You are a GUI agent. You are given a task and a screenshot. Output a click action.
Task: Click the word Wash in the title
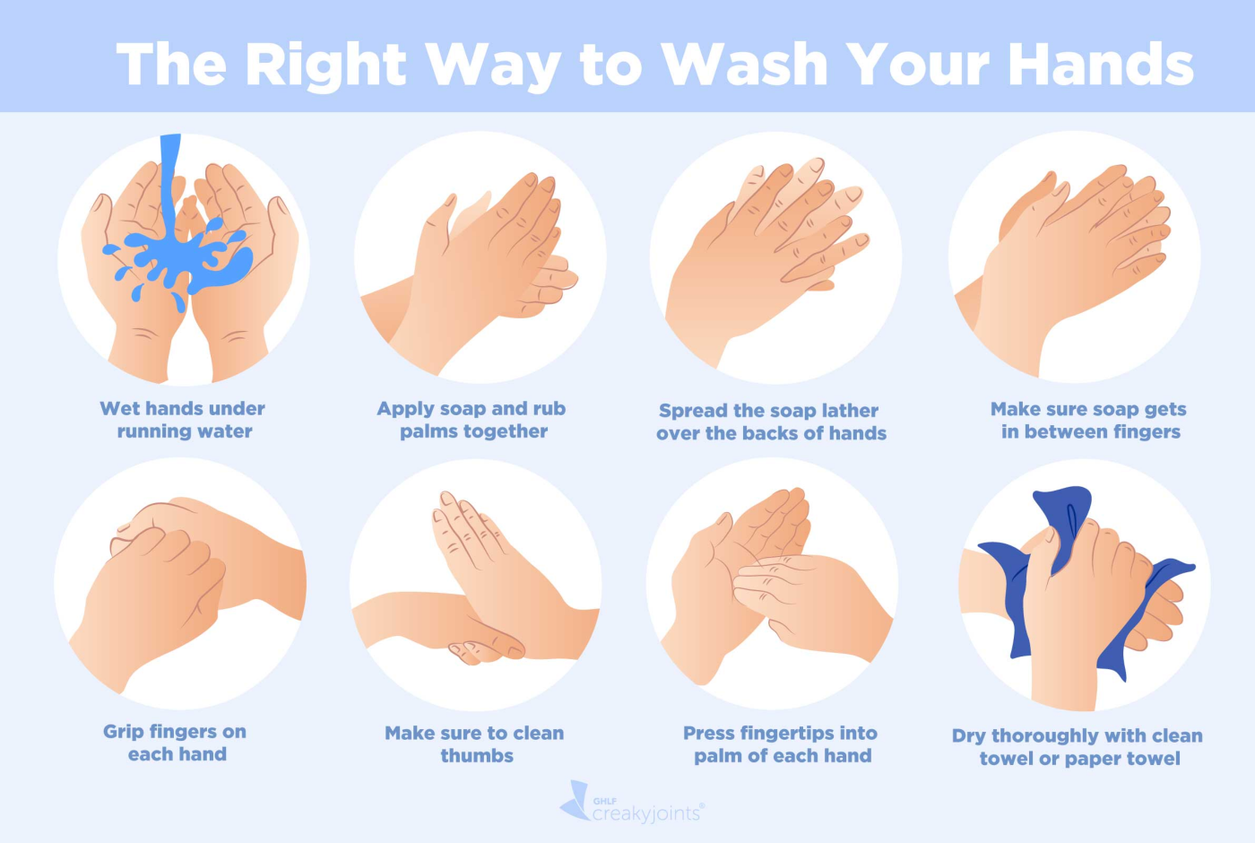coord(745,64)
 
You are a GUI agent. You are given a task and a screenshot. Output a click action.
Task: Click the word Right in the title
coord(325,65)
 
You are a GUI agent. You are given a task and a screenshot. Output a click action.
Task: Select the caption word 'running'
coord(153,432)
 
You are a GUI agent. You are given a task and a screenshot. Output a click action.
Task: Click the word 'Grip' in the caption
coord(118,732)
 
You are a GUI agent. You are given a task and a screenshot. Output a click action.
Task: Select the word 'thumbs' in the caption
coord(477,755)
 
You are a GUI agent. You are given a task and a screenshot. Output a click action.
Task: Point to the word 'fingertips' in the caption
coord(792,734)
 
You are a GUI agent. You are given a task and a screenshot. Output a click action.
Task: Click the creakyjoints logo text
coord(645,813)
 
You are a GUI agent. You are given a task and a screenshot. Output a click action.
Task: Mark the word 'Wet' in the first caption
coord(117,409)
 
